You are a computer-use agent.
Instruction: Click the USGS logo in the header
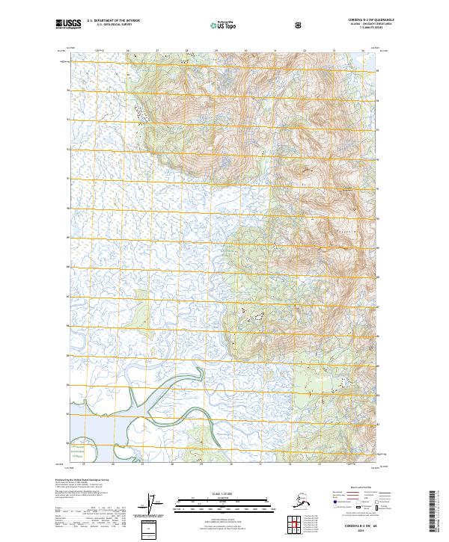(68, 25)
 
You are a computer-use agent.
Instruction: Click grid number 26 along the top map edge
(128, 51)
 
